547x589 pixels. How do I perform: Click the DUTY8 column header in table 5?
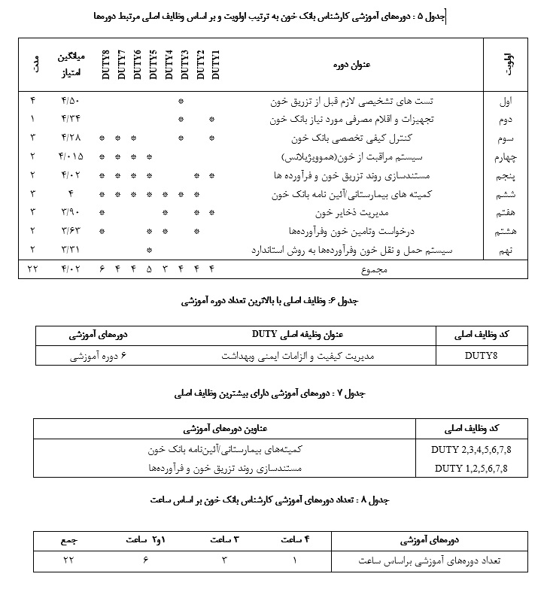102,64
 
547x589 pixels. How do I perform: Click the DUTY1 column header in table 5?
216,64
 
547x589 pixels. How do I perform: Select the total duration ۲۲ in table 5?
32,269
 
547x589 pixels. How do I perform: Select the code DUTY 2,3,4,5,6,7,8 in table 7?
472,450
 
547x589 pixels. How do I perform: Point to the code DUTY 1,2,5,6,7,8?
472,469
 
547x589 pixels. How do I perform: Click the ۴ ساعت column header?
294,540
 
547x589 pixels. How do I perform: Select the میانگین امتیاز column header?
71,64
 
